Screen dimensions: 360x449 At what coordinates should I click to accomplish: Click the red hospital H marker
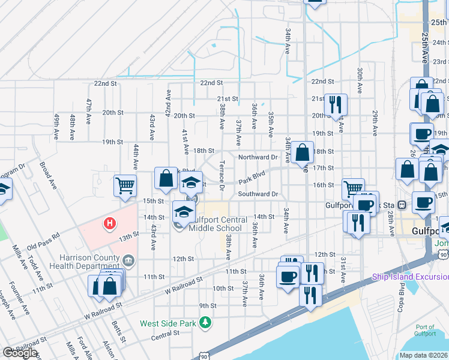(109, 224)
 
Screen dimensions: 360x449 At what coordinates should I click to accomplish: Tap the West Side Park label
(167, 323)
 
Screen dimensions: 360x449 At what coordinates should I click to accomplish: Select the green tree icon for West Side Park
(205, 323)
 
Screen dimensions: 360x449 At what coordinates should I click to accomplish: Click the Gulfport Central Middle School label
(217, 224)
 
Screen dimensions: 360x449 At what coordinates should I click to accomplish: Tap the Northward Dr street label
(258, 157)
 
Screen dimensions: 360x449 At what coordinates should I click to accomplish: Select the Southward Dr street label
(258, 194)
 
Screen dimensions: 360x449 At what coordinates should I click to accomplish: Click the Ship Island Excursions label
(410, 277)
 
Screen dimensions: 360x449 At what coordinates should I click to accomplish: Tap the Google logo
(20, 353)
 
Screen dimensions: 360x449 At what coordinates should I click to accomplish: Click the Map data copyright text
(424, 355)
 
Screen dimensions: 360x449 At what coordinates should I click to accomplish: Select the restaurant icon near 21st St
(335, 104)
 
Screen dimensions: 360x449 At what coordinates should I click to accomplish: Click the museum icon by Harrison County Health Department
(128, 260)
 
